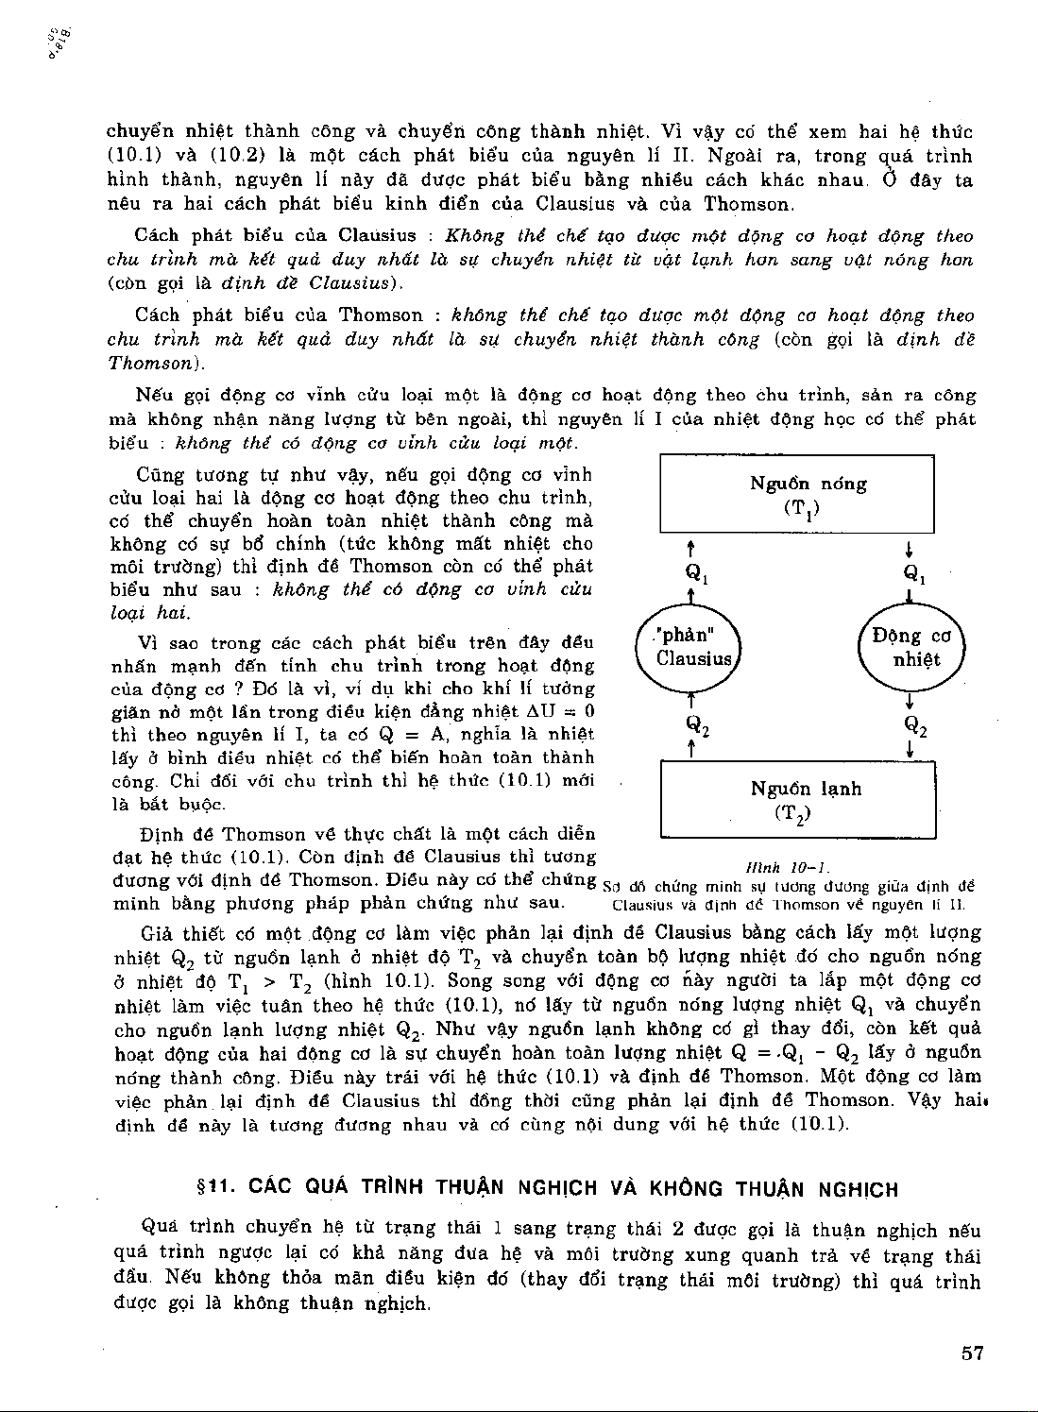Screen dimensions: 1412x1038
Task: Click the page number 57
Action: click(973, 1352)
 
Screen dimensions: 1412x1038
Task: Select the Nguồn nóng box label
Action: click(808, 484)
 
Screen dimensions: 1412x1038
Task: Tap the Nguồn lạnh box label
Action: click(806, 789)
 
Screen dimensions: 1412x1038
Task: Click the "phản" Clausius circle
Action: click(694, 647)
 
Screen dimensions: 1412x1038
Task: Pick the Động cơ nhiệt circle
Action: click(910, 647)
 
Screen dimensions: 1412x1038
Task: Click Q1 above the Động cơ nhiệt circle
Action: click(914, 572)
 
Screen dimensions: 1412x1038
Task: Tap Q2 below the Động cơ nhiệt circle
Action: click(915, 725)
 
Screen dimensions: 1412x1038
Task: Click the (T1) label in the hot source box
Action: click(802, 509)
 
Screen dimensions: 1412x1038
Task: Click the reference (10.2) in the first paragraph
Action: click(223, 156)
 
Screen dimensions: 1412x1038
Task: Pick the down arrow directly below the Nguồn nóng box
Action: click(908, 548)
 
